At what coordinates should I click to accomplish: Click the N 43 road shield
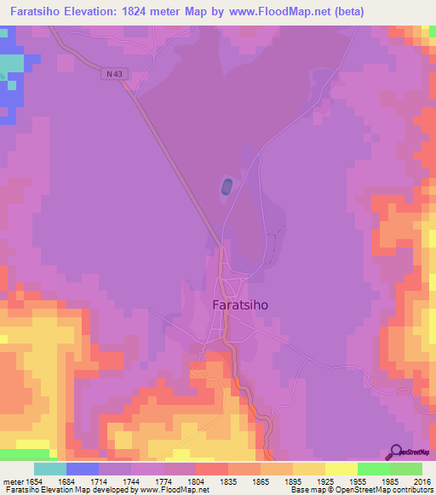pos(114,74)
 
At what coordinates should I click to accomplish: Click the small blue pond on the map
pos(226,187)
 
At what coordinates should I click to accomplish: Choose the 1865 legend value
pos(276,481)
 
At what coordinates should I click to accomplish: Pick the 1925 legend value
pos(341,481)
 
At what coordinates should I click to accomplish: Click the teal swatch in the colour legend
pos(50,469)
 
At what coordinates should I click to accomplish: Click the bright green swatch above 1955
pos(373,469)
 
